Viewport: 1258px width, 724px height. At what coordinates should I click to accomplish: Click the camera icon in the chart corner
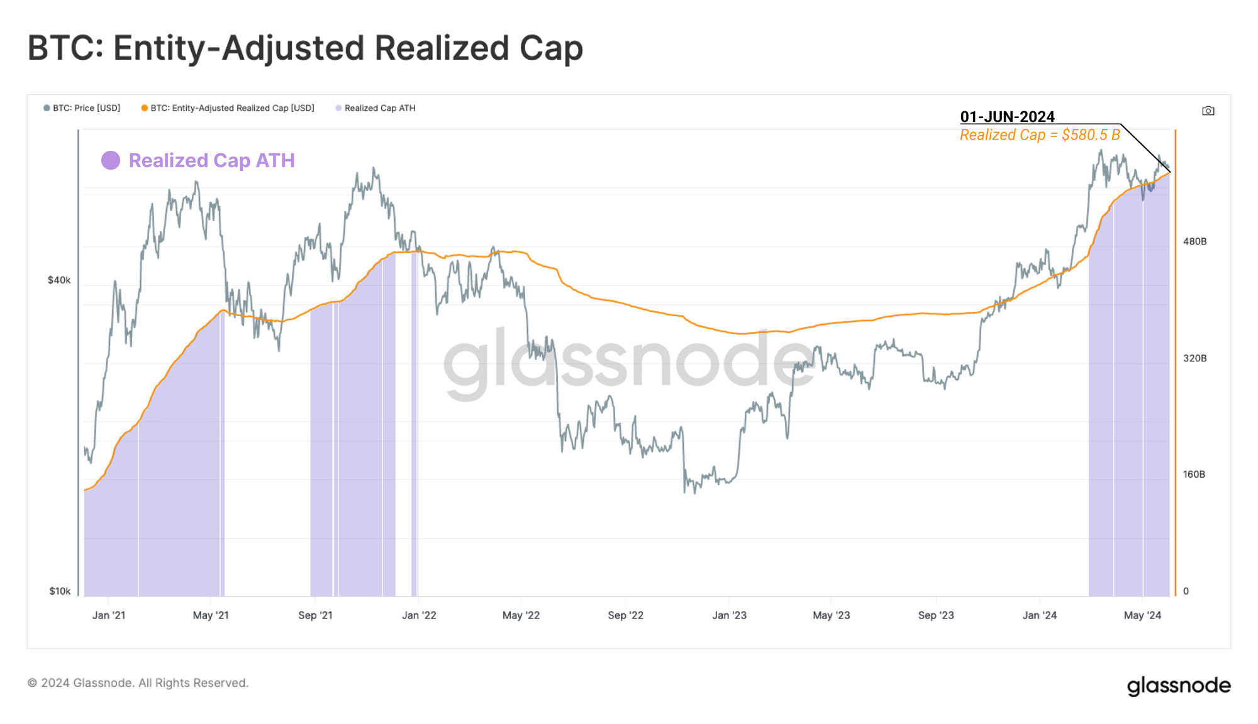click(1208, 111)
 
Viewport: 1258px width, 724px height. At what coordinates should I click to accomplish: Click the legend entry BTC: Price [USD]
click(82, 108)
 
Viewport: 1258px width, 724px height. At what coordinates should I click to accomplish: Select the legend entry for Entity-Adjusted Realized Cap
click(228, 108)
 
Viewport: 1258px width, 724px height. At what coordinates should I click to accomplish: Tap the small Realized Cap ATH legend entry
click(376, 108)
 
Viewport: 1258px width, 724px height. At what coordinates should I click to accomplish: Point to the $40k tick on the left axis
click(59, 280)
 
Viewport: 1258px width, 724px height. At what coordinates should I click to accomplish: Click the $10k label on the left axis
click(60, 591)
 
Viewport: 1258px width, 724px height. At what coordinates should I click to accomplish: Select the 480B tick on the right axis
click(1194, 241)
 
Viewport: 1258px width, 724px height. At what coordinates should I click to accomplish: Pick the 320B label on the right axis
click(1194, 358)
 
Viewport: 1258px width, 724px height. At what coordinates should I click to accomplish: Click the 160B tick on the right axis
click(1194, 474)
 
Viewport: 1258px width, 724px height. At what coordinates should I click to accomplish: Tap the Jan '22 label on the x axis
click(419, 615)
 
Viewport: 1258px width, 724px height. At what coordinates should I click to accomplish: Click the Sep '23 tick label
click(935, 615)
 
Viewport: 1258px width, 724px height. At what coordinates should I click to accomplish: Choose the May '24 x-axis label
click(1142, 615)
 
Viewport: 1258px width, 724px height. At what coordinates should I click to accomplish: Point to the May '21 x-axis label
click(211, 615)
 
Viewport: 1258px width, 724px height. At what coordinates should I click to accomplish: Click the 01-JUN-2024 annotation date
click(1007, 117)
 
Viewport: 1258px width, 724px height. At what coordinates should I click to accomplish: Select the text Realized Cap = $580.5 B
click(1040, 135)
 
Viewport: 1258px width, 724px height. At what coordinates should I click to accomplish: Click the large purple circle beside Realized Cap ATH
click(111, 160)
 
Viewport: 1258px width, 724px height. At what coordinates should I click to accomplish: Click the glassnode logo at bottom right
click(1178, 685)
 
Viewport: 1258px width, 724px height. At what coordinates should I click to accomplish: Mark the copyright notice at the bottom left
click(138, 683)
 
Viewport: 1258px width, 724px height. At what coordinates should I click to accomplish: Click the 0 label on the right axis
click(1186, 591)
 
